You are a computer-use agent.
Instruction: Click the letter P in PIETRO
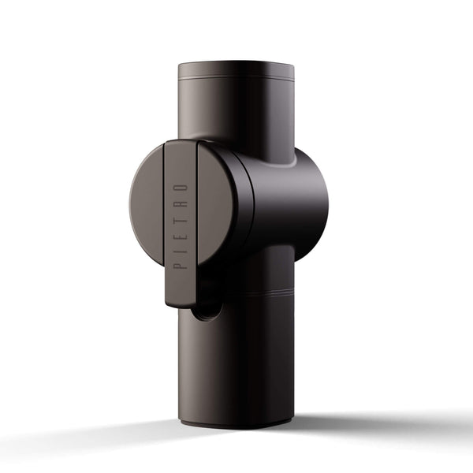[x=181, y=263]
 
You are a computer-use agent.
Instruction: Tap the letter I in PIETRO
[x=181, y=247]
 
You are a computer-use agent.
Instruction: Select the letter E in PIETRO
[x=181, y=232]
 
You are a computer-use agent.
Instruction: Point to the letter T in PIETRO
[x=181, y=217]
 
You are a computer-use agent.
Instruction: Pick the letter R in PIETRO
[x=181, y=203]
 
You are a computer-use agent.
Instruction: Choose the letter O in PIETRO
[x=181, y=188]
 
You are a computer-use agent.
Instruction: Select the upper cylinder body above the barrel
[x=236, y=110]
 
